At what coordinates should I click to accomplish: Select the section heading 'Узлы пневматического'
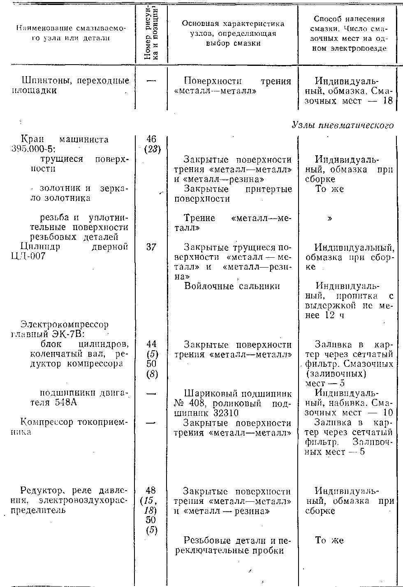pyautogui.click(x=343, y=126)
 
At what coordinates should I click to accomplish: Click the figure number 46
pyautogui.click(x=151, y=140)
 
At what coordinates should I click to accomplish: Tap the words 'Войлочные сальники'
pyautogui.click(x=232, y=286)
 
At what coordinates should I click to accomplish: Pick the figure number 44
pyautogui.click(x=151, y=344)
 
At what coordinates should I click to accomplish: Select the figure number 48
pyautogui.click(x=151, y=491)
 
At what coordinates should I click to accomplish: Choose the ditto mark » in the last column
pyautogui.click(x=329, y=219)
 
